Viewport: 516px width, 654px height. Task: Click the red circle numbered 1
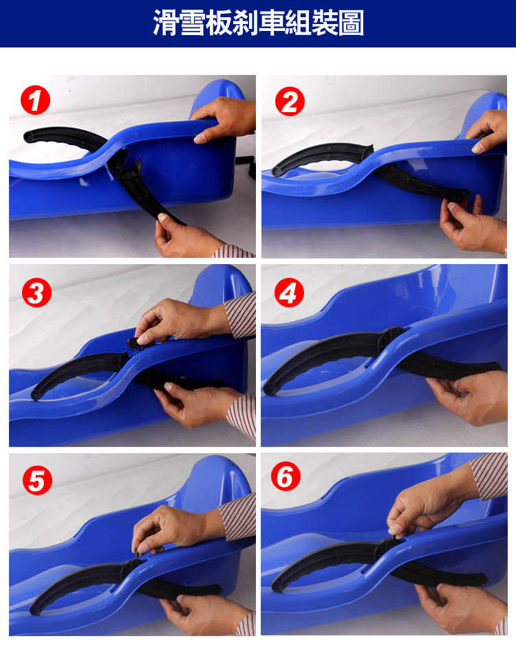(36, 100)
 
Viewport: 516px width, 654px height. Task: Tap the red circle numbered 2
(290, 101)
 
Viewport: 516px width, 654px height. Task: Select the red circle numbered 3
(36, 292)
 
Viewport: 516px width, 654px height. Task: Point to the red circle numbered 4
(289, 292)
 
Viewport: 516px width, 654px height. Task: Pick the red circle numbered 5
(38, 480)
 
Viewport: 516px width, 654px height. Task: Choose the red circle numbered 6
(286, 477)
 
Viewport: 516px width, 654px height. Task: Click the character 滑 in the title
(166, 23)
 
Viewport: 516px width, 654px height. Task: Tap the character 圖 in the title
(352, 23)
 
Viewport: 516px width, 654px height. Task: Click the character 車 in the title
(272, 23)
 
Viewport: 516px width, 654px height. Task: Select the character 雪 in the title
(193, 23)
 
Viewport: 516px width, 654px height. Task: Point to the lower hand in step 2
(473, 226)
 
